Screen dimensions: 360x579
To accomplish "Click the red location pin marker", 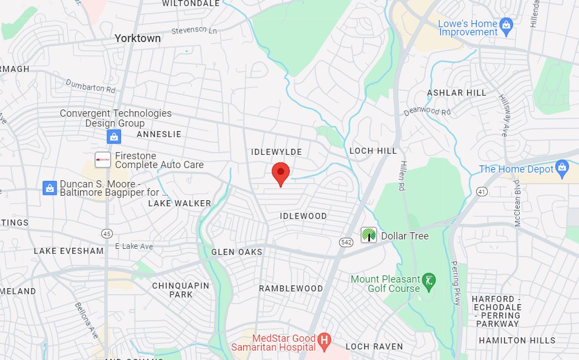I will (x=281, y=174).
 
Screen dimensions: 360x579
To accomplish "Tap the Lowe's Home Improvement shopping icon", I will (x=506, y=24).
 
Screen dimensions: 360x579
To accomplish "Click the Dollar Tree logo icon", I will (x=368, y=234).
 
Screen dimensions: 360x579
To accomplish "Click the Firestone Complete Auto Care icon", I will (x=103, y=160).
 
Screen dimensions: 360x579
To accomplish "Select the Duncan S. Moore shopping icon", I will (x=50, y=188).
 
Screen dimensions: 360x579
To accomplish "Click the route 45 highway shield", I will (x=107, y=233).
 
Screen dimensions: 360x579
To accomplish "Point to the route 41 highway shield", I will (x=482, y=192).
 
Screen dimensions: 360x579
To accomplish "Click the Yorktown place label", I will (x=138, y=38).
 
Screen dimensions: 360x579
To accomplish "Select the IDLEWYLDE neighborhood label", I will (x=277, y=152).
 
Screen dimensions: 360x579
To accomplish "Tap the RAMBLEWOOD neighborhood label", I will (x=291, y=288).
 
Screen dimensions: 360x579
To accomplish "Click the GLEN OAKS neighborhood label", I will (x=237, y=252).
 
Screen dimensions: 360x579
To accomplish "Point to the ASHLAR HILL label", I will (x=457, y=93).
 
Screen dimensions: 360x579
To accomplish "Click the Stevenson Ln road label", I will (x=194, y=30).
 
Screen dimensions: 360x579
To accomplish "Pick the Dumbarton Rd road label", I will (x=90, y=86).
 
